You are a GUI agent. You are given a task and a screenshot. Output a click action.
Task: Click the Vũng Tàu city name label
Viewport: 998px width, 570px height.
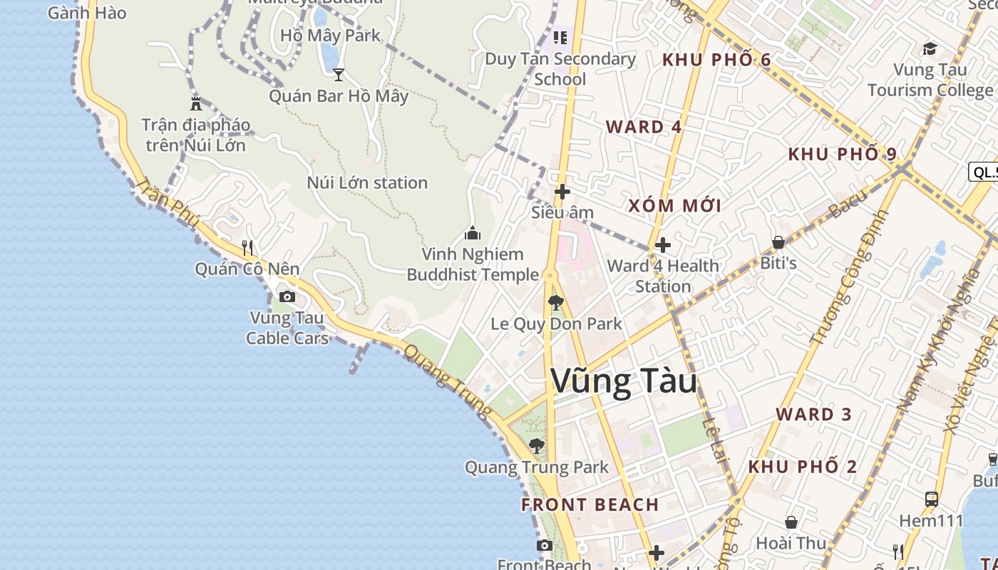[x=624, y=381]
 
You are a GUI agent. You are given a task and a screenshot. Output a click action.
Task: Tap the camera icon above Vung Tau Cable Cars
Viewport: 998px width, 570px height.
[x=287, y=296]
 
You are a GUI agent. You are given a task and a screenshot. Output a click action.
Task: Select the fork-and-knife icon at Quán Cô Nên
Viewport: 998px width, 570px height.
[x=247, y=248]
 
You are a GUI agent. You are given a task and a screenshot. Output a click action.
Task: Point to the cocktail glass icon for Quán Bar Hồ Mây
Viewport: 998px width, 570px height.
[x=339, y=74]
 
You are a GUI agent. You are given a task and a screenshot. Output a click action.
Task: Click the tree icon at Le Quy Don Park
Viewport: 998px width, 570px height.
[x=556, y=303]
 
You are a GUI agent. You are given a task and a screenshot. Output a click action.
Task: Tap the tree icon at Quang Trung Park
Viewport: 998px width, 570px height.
[x=537, y=446]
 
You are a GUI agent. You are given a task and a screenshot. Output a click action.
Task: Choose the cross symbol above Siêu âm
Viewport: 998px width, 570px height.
[x=562, y=192]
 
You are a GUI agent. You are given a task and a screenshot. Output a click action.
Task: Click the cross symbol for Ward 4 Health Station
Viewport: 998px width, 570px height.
[x=663, y=245]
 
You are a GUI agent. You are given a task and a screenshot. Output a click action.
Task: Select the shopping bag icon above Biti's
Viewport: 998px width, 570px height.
[x=778, y=242]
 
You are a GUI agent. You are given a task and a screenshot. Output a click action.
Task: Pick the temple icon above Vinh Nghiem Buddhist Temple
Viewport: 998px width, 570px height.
[x=472, y=233]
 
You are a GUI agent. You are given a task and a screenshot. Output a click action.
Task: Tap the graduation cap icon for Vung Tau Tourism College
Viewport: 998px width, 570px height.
[x=930, y=48]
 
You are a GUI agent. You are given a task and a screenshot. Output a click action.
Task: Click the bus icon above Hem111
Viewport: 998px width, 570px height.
[x=931, y=499]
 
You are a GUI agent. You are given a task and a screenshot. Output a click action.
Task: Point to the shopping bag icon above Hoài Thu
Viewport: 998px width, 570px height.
[x=791, y=522]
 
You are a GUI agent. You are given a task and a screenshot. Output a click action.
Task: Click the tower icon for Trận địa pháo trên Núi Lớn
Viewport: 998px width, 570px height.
[x=196, y=103]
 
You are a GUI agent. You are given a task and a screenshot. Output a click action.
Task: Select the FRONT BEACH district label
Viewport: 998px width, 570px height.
[x=590, y=504]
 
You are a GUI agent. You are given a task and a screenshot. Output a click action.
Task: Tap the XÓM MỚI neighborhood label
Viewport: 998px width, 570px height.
[x=674, y=206]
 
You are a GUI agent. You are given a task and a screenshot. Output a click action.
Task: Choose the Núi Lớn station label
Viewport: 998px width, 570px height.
[x=367, y=182]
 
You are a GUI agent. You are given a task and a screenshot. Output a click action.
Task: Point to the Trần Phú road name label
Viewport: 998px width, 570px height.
[x=168, y=202]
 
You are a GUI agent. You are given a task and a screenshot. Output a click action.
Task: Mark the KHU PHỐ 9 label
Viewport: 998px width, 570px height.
[x=842, y=154]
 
